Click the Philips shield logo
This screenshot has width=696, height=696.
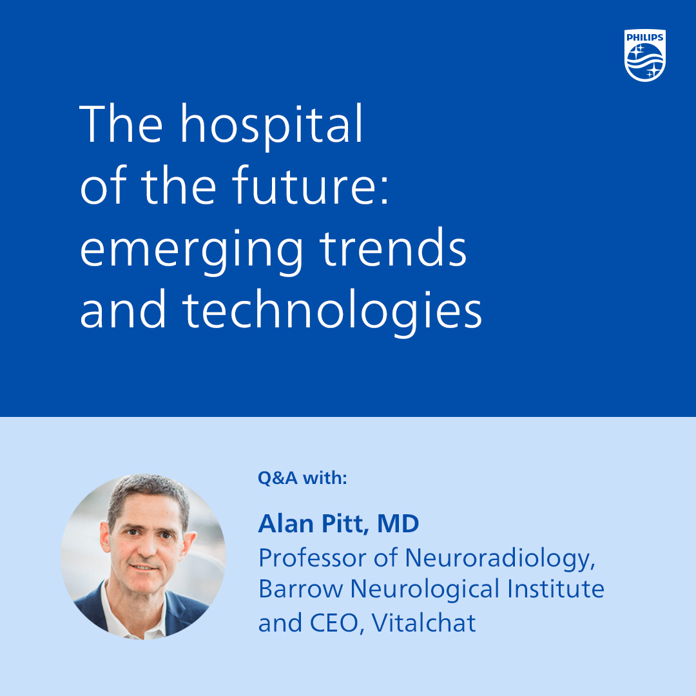pyautogui.click(x=644, y=56)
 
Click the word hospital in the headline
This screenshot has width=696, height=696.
pyautogui.click(x=272, y=125)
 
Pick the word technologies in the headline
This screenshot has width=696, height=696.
pyautogui.click(x=333, y=312)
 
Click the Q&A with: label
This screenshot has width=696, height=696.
pyautogui.click(x=302, y=478)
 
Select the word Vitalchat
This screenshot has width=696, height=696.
pyautogui.click(x=424, y=623)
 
